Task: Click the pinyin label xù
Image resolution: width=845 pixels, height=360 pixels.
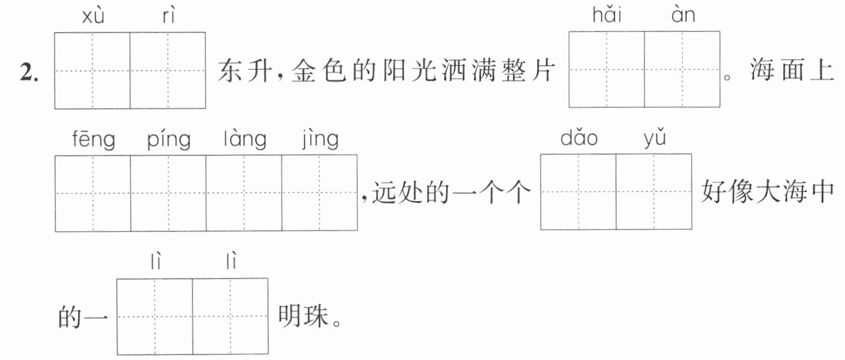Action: point(93,16)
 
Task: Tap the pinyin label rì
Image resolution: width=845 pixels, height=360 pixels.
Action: point(169,16)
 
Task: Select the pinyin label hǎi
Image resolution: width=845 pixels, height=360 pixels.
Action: point(607,15)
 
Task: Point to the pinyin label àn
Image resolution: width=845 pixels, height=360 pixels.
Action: point(683,15)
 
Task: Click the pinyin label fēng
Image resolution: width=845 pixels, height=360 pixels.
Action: point(93,140)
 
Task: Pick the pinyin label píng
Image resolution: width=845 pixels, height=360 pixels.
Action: point(169,140)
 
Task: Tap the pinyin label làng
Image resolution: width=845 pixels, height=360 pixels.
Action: point(245,140)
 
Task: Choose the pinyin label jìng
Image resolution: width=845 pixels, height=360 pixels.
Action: point(320,140)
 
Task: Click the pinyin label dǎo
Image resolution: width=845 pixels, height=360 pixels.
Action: point(579,138)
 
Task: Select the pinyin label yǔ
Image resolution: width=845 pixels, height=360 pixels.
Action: point(655,139)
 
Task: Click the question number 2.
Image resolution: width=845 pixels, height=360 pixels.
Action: point(29,72)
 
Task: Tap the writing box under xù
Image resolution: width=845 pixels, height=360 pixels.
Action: point(92,71)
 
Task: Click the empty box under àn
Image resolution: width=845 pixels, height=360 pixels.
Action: point(682,69)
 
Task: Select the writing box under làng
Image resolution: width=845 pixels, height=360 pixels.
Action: point(244,193)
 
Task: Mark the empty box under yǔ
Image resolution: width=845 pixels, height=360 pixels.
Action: point(654,191)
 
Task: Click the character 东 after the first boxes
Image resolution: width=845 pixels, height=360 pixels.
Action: point(229,71)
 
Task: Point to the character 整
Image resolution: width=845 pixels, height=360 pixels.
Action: point(514,71)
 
